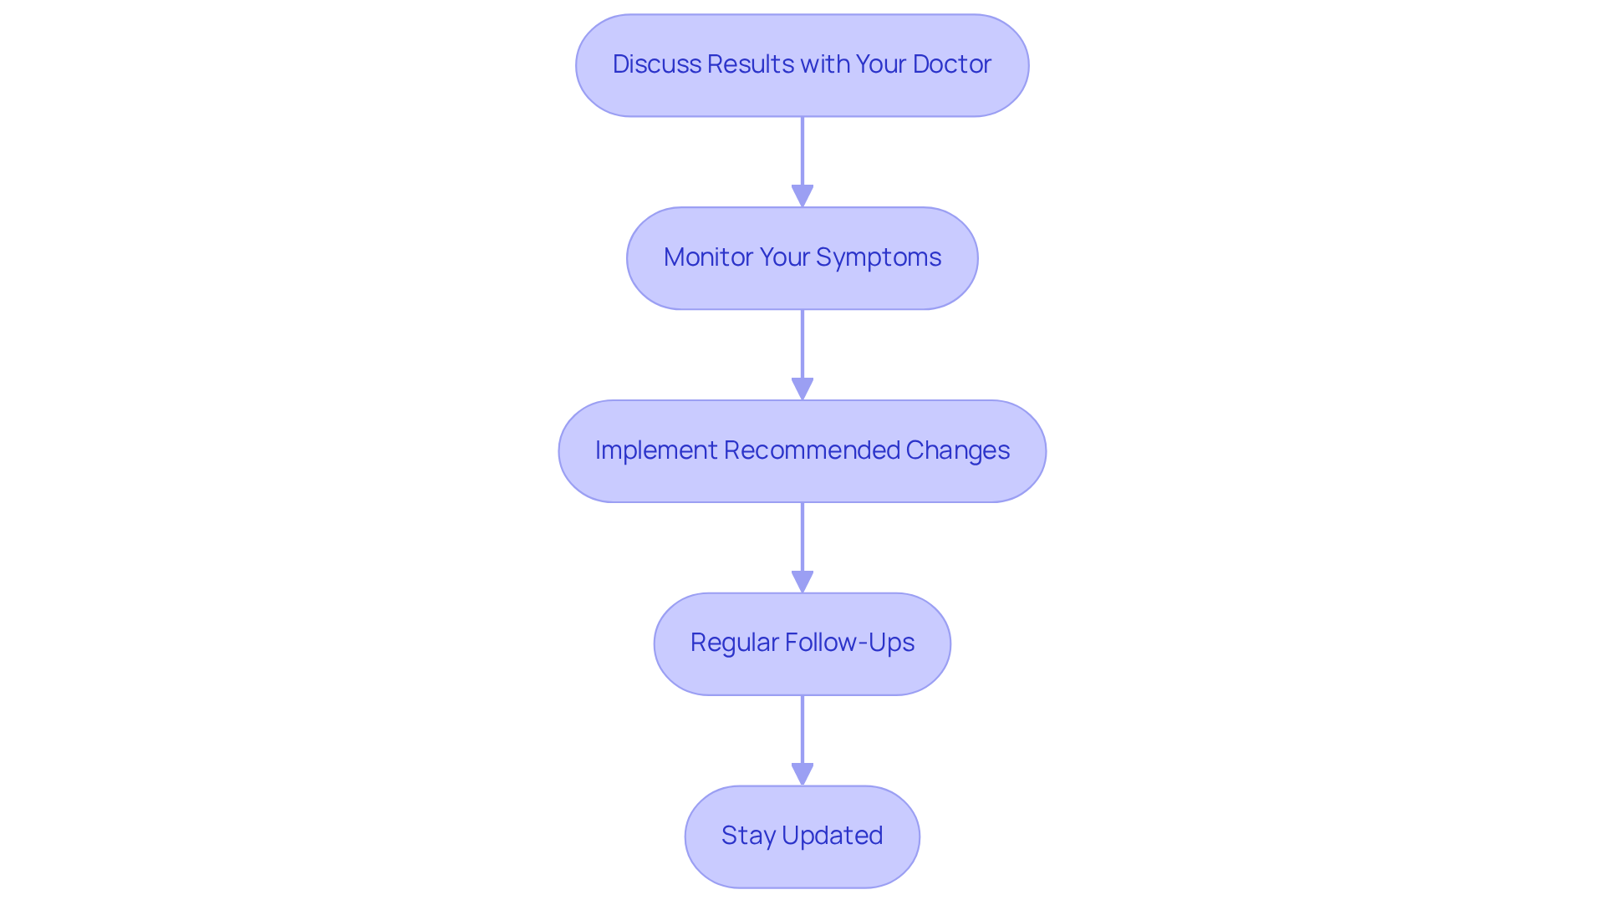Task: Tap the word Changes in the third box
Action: (x=957, y=450)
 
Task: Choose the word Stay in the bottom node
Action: (x=748, y=836)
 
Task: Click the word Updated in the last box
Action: (x=832, y=836)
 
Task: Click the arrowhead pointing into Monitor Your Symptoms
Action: (x=802, y=196)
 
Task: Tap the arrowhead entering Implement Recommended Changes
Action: (x=802, y=389)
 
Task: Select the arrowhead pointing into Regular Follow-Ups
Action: (x=802, y=582)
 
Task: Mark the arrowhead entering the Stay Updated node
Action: (x=802, y=774)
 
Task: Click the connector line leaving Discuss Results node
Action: (x=802, y=150)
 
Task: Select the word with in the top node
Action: (x=827, y=64)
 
